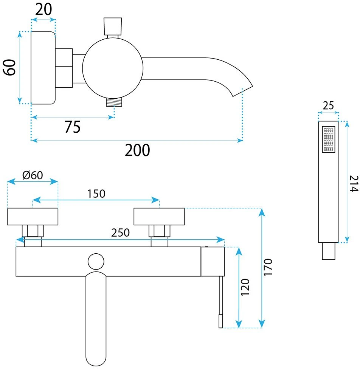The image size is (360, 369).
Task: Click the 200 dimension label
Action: [137, 150]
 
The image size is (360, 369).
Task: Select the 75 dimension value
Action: [73, 127]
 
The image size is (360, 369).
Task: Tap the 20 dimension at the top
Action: [43, 9]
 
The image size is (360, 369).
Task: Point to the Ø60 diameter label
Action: [33, 175]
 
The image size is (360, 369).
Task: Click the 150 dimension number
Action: [96, 194]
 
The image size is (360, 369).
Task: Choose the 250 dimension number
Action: [120, 233]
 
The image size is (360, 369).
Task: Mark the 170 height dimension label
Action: [268, 267]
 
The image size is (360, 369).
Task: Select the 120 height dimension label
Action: [245, 287]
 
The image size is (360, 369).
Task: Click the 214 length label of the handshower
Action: [354, 184]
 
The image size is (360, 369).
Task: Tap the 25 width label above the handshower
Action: [328, 105]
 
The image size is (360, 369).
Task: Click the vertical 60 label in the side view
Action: [9, 68]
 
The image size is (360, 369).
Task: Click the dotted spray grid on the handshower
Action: [329, 139]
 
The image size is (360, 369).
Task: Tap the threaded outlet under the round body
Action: [114, 102]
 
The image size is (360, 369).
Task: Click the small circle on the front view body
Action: [96, 262]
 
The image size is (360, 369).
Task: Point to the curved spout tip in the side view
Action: [242, 91]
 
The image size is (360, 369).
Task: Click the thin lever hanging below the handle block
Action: [220, 302]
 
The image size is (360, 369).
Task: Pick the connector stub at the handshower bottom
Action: [329, 251]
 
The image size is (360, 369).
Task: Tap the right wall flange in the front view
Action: [159, 217]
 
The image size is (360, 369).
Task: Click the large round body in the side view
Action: [113, 68]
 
